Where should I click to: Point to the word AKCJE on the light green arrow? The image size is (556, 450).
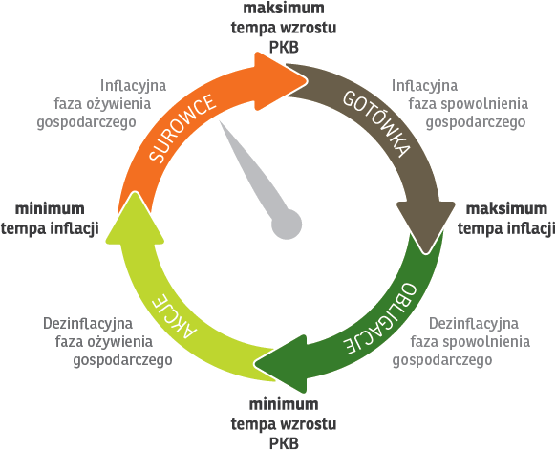tap(174, 316)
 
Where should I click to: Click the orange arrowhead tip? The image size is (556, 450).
tap(307, 81)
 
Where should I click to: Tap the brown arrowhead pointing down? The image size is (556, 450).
tap(426, 227)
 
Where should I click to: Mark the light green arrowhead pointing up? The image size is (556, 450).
tap(135, 217)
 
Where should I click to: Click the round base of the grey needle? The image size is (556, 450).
tap(287, 225)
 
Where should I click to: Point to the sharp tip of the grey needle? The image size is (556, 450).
tap(220, 121)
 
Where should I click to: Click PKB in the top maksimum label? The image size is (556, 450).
tap(284, 47)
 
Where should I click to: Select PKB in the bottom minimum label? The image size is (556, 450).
tap(284, 443)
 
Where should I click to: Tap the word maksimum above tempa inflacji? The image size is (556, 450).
tap(506, 208)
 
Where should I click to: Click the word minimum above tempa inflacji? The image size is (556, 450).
tap(50, 208)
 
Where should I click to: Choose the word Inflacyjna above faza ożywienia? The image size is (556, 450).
tap(133, 86)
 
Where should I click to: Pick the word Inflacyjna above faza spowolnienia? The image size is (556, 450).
tap(424, 86)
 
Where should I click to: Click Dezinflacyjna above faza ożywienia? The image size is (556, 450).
tap(88, 324)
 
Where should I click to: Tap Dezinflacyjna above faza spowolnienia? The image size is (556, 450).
tap(474, 324)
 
